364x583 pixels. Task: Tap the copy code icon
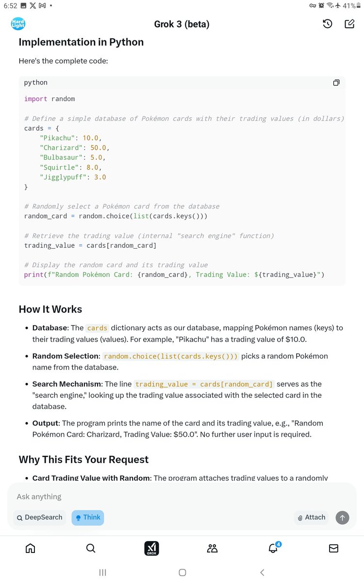pyautogui.click(x=336, y=83)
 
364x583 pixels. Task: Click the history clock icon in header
pyautogui.click(x=328, y=24)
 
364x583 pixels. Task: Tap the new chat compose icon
pyautogui.click(x=349, y=24)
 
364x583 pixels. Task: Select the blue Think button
pyautogui.click(x=88, y=517)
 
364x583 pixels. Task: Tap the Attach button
pyautogui.click(x=311, y=517)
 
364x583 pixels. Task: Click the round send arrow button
pyautogui.click(x=342, y=517)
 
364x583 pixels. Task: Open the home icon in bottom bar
pyautogui.click(x=30, y=548)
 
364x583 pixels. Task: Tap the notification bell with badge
pyautogui.click(x=273, y=548)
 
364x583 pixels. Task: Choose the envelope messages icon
pyautogui.click(x=333, y=548)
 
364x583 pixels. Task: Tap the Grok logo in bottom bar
pyautogui.click(x=151, y=549)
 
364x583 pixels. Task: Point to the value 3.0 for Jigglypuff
pyautogui.click(x=100, y=177)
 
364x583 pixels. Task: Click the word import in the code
pyautogui.click(x=36, y=99)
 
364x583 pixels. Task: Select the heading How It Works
pyautogui.click(x=50, y=309)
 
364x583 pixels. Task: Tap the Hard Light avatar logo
pyautogui.click(x=18, y=24)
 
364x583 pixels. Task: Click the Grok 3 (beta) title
pyautogui.click(x=182, y=24)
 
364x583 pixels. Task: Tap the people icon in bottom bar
pyautogui.click(x=212, y=548)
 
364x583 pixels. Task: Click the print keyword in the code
pyautogui.click(x=33, y=274)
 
